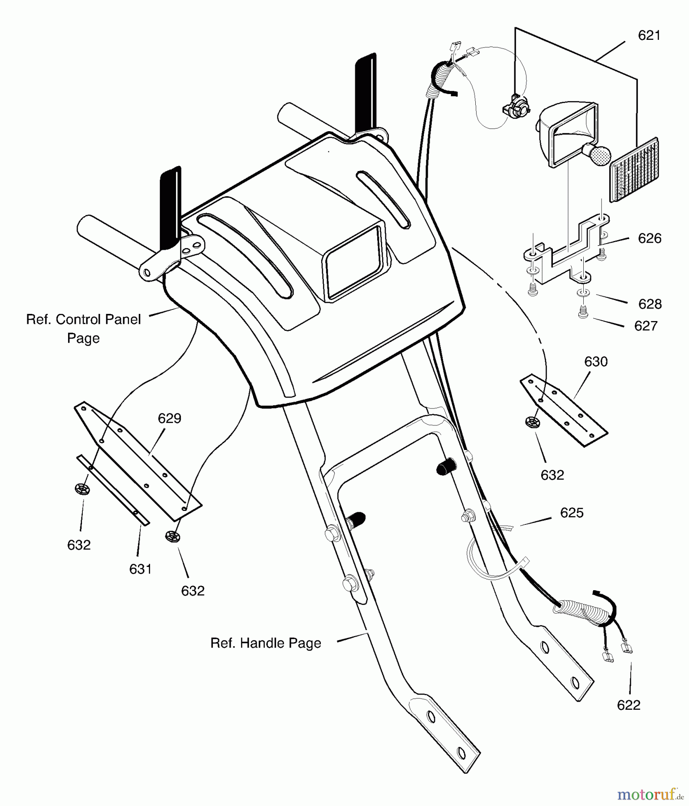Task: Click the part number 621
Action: point(649,36)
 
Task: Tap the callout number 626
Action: point(650,238)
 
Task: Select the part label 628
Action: point(650,304)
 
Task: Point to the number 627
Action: point(646,326)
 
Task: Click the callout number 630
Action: point(595,362)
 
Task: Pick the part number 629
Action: point(169,419)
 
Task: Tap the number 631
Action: point(140,569)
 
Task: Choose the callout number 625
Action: point(572,513)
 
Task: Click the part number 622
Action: point(629,705)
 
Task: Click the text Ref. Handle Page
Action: point(266,643)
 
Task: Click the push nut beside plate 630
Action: point(532,422)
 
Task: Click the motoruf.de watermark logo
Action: point(650,794)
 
